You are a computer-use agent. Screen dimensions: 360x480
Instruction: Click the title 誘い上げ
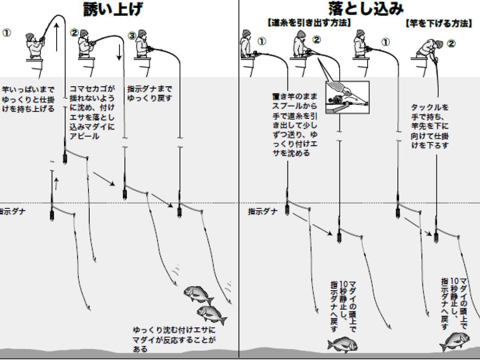[x=112, y=9]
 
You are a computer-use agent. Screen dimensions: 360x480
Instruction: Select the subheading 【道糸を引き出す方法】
[x=309, y=23]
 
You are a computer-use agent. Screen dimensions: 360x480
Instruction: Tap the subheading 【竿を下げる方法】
[x=438, y=24]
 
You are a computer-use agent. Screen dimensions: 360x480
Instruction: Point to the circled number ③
[x=132, y=36]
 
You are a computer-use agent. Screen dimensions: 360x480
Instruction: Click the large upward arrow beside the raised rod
[x=56, y=37]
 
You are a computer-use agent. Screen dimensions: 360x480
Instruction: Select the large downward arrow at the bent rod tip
[x=119, y=52]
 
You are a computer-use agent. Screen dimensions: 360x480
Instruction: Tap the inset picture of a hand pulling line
[x=347, y=97]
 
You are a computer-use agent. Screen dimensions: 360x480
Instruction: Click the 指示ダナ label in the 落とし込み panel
[x=263, y=211]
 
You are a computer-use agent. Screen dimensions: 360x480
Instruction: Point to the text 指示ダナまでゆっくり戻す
[x=150, y=93]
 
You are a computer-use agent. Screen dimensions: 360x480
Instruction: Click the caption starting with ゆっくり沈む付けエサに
[x=174, y=339]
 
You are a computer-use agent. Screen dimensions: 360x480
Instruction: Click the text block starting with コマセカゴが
[x=92, y=112]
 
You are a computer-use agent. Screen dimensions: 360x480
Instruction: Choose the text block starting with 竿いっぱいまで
[x=28, y=99]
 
